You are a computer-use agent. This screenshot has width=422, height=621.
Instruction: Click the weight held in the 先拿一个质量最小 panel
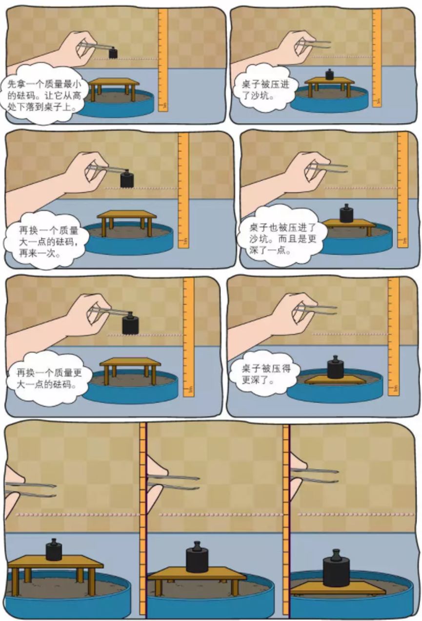pos(113,53)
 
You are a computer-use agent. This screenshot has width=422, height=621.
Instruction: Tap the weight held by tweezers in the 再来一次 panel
pos(127,179)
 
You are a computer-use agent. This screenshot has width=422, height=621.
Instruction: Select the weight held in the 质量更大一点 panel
pos(130,323)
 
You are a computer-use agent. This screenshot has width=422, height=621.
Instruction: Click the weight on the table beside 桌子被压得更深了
pos(335,368)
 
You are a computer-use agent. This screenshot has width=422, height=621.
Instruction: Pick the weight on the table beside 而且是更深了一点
pos(346,214)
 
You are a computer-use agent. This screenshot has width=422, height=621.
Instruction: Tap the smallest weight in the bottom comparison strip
pos(54,550)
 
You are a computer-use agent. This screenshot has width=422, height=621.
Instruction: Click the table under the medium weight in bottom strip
pos(197,574)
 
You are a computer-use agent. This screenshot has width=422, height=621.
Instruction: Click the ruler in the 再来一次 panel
pos(183,190)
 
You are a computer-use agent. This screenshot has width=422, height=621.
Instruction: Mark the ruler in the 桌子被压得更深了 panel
pos(393,336)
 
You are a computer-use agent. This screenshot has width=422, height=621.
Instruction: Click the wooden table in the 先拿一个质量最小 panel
pos(114,83)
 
